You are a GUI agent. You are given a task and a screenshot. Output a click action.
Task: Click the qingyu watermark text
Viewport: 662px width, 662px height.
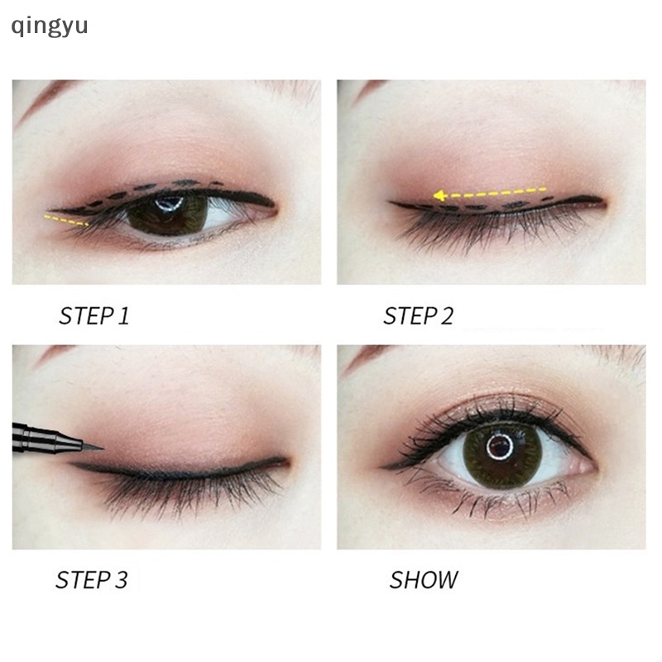50,26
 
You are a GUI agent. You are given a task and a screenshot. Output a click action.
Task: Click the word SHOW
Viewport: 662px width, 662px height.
424,580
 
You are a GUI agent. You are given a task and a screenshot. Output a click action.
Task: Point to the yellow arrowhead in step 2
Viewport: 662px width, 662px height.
439,195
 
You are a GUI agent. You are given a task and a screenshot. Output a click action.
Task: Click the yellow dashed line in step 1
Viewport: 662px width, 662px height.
66,220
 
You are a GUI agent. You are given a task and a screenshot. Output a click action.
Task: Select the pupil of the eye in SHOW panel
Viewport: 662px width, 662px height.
500,446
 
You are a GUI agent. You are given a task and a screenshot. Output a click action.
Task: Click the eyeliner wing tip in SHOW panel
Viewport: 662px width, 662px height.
381,468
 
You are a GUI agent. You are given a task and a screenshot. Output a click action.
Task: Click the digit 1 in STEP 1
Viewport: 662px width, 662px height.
123,316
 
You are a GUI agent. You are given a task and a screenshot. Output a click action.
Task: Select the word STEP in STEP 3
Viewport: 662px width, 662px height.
83,580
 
